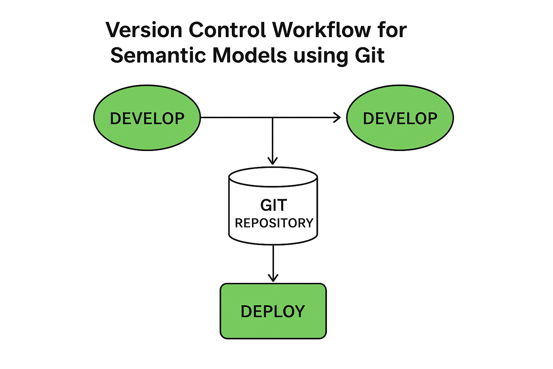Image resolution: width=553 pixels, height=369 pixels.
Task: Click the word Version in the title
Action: tap(144, 30)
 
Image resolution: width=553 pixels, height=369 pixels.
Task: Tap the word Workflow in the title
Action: tap(322, 30)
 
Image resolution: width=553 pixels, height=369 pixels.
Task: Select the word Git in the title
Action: tap(370, 55)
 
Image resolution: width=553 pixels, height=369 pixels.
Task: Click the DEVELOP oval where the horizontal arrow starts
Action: tap(147, 118)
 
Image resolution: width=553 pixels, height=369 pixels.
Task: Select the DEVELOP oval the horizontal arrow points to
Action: tap(400, 118)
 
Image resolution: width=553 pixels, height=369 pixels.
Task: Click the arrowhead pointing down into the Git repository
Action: tap(273, 161)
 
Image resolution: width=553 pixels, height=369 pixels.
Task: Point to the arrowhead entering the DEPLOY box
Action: tap(273, 277)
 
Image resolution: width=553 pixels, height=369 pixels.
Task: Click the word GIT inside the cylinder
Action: tap(274, 205)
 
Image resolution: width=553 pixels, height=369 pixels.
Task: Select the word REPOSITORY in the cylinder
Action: tap(274, 223)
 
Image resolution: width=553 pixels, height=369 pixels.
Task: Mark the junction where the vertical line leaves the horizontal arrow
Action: tap(273, 117)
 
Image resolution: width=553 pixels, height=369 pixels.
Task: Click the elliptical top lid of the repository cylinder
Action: tap(273, 177)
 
